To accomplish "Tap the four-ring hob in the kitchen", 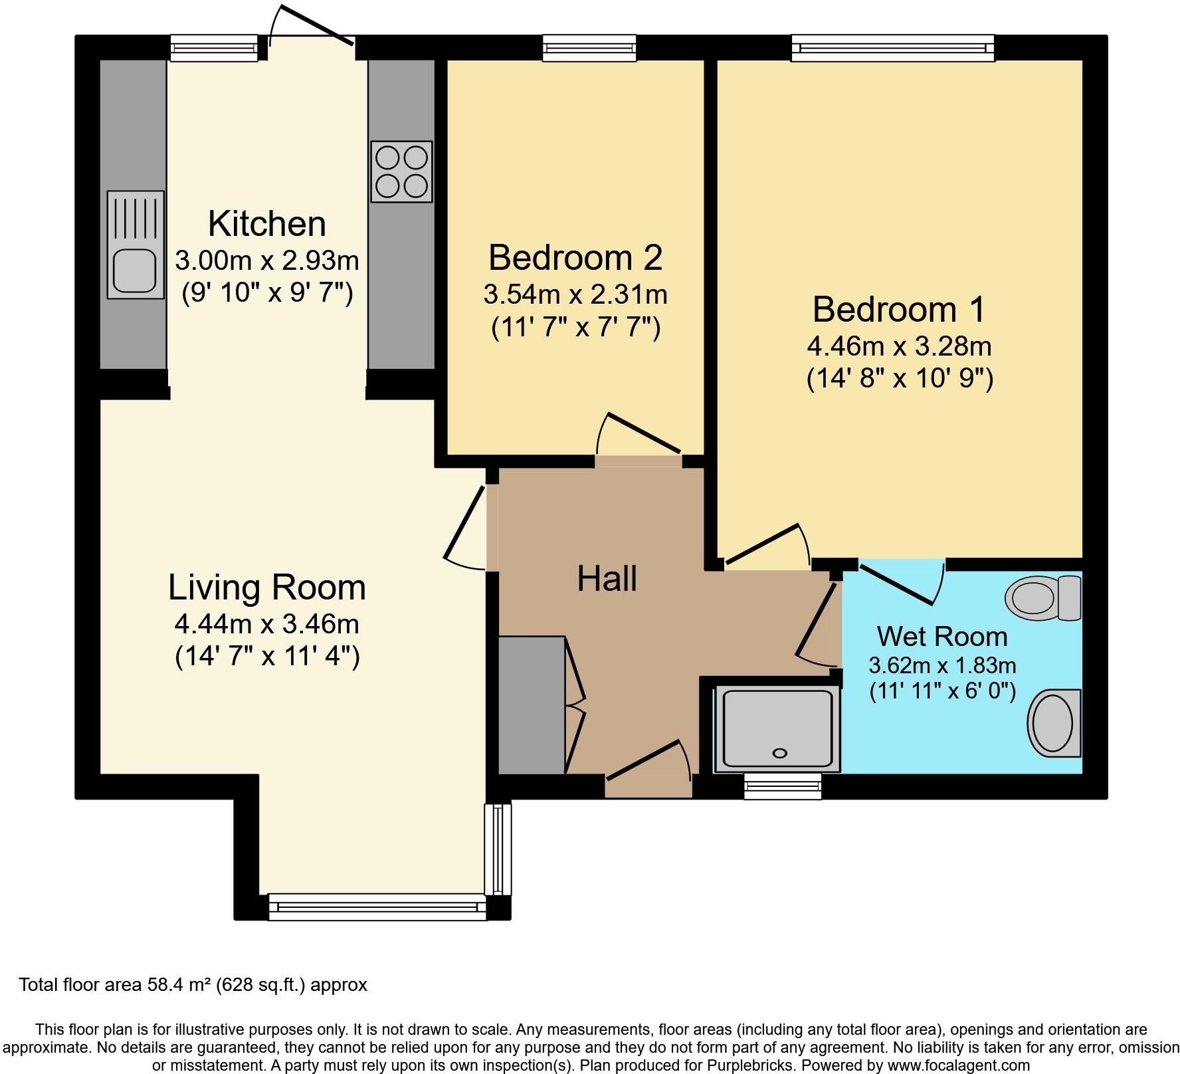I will (401, 171).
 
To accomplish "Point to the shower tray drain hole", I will (779, 753).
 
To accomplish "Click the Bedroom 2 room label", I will (575, 258).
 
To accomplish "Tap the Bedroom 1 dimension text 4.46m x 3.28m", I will (899, 346).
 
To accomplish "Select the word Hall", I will (607, 579).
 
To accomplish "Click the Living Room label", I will (266, 588).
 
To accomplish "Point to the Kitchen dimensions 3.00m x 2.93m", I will (266, 261).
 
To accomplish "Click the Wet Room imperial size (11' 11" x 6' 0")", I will (942, 691).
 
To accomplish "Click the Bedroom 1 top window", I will (892, 49).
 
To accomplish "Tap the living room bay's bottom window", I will (377, 907).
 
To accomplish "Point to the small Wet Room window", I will (782, 786).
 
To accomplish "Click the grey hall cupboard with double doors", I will (532, 705).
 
